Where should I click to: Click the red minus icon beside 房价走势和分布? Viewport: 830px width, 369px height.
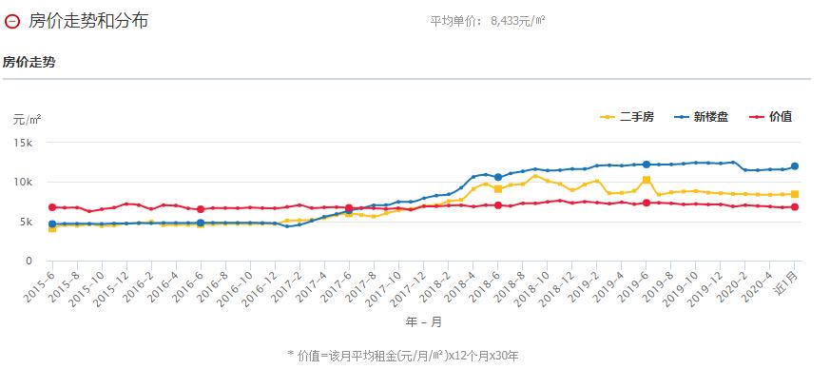tap(11, 20)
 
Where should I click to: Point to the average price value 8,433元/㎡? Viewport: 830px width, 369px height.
tap(518, 20)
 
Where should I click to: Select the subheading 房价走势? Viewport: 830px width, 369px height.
tap(29, 62)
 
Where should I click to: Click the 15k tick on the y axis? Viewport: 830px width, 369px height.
tap(23, 143)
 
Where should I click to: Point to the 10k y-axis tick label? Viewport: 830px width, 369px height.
tap(23, 183)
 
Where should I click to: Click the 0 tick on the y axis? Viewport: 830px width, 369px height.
tap(30, 262)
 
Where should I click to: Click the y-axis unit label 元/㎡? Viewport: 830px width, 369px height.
tap(27, 120)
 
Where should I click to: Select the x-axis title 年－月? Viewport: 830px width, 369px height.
tap(423, 321)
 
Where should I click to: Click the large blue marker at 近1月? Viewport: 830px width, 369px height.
tap(795, 166)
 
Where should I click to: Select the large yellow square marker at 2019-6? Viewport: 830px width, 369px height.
tap(647, 180)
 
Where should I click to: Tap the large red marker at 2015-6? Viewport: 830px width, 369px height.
tap(52, 207)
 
